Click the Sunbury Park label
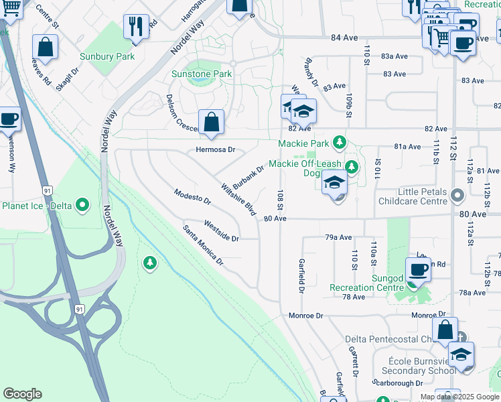click(106, 56)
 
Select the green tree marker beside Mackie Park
click(340, 143)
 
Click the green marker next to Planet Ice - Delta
click(83, 204)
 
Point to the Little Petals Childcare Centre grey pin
click(457, 196)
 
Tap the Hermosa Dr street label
click(216, 149)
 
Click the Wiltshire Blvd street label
click(238, 200)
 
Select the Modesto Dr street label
click(192, 200)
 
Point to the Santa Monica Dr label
click(203, 245)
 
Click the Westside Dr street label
click(221, 231)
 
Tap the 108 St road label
click(280, 200)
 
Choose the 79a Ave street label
click(338, 237)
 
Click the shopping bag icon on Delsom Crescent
click(211, 123)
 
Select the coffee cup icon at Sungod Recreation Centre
click(419, 269)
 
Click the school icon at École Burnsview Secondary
click(461, 354)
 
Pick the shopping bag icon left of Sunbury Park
click(45, 47)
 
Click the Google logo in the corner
click(23, 394)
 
